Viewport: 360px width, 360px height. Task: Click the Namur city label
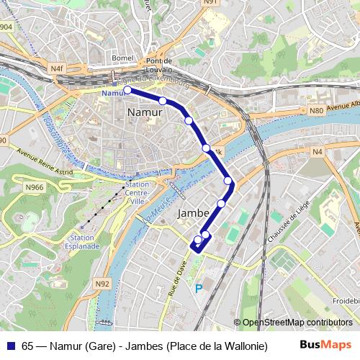pyautogui.click(x=144, y=113)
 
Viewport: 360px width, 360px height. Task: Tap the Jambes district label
pyautogui.click(x=193, y=213)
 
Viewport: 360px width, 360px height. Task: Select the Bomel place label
pyautogui.click(x=124, y=56)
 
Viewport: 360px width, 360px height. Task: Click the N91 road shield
pyautogui.click(x=210, y=3)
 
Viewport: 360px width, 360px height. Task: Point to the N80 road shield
pyautogui.click(x=315, y=111)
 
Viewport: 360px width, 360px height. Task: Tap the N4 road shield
pyautogui.click(x=318, y=151)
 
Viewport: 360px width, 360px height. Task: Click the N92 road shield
pyautogui.click(x=102, y=284)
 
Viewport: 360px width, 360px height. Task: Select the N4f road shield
pyautogui.click(x=58, y=68)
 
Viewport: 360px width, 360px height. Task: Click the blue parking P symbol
pyautogui.click(x=199, y=289)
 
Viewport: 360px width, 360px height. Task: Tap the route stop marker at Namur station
pyautogui.click(x=127, y=91)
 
